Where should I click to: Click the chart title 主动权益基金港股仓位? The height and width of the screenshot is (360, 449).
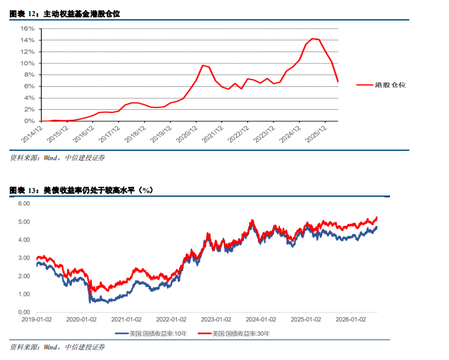coord(81,14)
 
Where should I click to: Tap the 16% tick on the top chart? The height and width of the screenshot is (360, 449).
coord(27,29)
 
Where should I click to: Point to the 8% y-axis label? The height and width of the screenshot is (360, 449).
coord(29,74)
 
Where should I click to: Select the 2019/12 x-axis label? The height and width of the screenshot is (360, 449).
coord(161,134)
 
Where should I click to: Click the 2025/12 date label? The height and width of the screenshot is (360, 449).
coord(316,134)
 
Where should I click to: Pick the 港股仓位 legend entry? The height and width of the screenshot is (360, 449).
coord(381,84)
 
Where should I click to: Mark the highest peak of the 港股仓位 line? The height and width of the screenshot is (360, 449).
coord(312,38)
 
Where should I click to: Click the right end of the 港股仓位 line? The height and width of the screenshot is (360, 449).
coord(338,82)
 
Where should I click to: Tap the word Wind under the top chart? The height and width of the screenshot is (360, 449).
coord(50,158)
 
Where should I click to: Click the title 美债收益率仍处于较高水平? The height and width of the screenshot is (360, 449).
coord(89,191)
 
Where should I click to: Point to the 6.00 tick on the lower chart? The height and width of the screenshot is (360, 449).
coord(24,204)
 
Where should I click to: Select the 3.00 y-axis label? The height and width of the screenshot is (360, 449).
coord(24,258)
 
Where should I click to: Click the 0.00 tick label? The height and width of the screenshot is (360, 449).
coord(24,312)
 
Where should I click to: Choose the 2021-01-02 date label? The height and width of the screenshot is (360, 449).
coord(126,320)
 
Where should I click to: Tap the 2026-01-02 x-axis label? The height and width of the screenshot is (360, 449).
coord(351,320)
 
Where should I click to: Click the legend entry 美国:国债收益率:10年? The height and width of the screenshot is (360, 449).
coord(151,334)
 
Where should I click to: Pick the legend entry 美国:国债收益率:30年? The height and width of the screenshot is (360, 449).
coord(234,334)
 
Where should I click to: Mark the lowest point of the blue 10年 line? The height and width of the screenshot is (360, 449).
coord(90,302)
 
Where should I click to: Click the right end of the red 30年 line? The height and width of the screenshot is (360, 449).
coord(377,218)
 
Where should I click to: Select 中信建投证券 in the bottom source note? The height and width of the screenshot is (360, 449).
coord(84,347)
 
